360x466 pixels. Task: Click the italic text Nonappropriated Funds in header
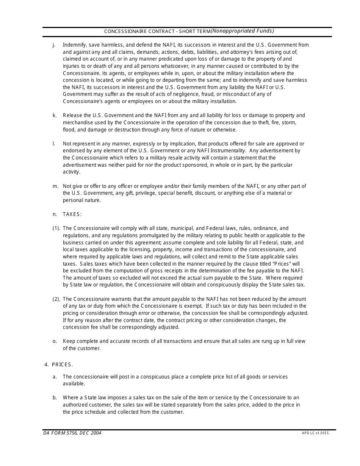(x=243, y=31)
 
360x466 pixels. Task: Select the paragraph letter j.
(x=54, y=45)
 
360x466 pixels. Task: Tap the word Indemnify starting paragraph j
(x=74, y=45)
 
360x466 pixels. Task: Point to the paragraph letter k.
(x=54, y=115)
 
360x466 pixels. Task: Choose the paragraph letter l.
(x=54, y=144)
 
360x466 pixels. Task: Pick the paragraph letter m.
(x=55, y=186)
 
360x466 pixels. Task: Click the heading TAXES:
(x=72, y=214)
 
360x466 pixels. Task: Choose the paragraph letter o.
(x=55, y=341)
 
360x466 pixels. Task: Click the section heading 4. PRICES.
(x=59, y=364)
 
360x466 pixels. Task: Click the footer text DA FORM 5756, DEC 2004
(x=72, y=433)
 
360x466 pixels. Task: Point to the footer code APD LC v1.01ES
(x=315, y=433)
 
